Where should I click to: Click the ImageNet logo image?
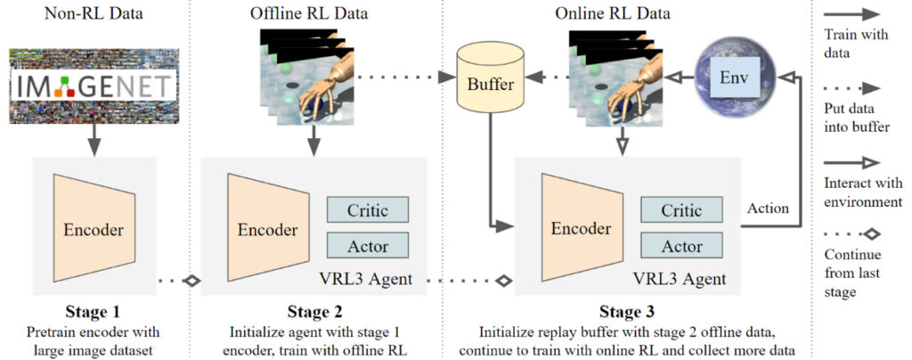tap(93, 86)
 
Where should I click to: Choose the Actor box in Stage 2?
tap(368, 245)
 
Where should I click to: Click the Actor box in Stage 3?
tap(681, 245)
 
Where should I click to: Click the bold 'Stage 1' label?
tap(93, 313)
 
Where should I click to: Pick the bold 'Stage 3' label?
tap(626, 313)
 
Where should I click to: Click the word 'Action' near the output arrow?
tap(767, 208)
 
